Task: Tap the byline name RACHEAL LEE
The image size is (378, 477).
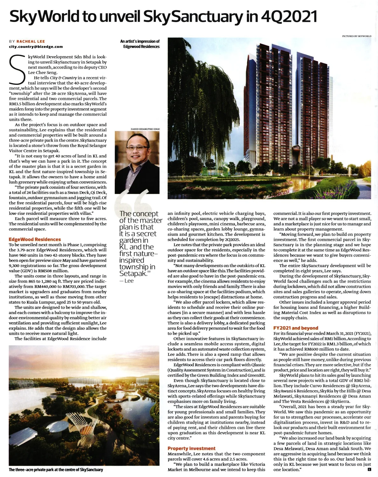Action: click(31, 41)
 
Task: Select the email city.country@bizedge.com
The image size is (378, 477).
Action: click(36, 46)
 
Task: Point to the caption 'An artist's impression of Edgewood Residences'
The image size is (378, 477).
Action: click(140, 44)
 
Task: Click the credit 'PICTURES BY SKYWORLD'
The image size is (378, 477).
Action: click(356, 36)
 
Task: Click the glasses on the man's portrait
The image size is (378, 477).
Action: click(137, 148)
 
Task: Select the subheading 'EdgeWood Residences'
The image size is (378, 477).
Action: click(35, 239)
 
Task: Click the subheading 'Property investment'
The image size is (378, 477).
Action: click(191, 448)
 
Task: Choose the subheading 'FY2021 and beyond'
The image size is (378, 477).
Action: click(296, 328)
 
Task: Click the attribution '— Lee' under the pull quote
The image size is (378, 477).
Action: click(127, 281)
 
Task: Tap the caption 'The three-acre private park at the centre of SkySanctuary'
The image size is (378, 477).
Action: click(56, 469)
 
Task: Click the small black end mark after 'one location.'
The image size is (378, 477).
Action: click(369, 469)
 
